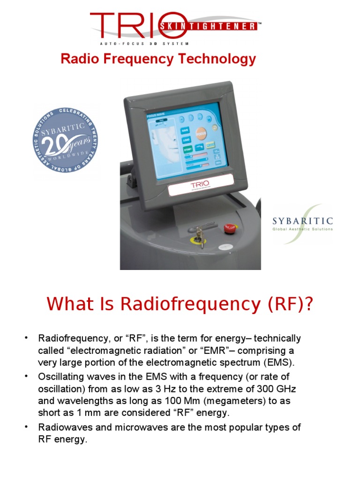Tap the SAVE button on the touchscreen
tap(185, 130)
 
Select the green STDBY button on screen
tap(186, 150)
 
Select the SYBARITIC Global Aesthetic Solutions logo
tap(302, 223)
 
